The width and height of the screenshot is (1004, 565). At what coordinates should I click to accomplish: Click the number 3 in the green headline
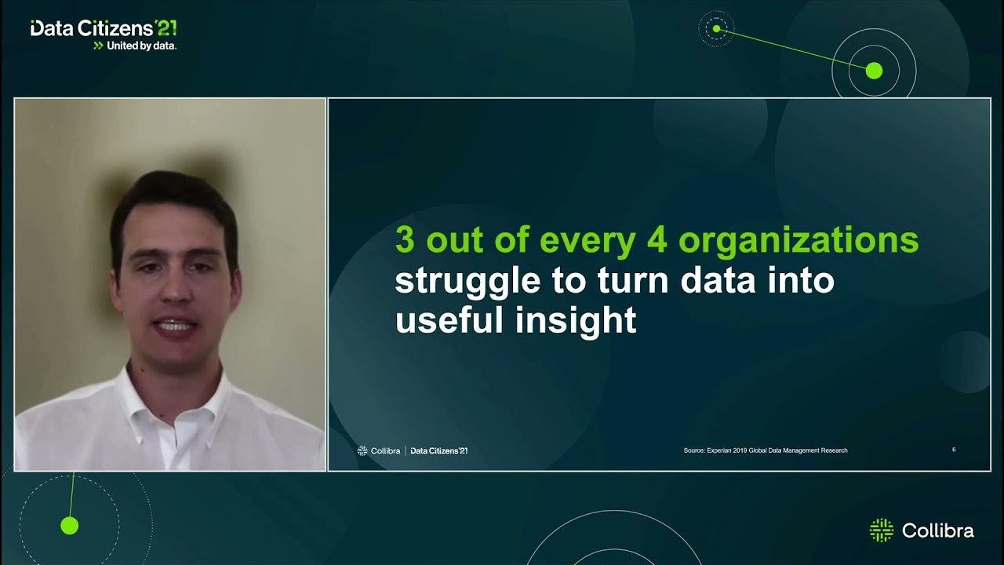coord(404,241)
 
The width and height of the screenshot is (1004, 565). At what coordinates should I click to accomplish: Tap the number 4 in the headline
coord(657,241)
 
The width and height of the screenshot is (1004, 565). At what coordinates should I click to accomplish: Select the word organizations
coord(798,242)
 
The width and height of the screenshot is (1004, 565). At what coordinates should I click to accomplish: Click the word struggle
coord(467,282)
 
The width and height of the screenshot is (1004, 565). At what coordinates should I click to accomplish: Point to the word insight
coord(575,321)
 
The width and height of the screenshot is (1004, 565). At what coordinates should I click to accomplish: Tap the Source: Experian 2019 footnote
coord(765,450)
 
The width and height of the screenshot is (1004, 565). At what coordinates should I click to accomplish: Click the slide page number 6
coord(954,450)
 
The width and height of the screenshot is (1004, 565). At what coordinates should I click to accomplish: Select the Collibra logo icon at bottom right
coord(882,530)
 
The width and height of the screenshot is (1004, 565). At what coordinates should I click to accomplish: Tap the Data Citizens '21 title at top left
coord(103,28)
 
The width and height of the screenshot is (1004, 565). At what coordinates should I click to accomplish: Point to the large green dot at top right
coord(874,71)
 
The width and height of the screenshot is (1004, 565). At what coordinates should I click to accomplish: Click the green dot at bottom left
coord(70,526)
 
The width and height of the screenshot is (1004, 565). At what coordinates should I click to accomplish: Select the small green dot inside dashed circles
coord(715,29)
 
